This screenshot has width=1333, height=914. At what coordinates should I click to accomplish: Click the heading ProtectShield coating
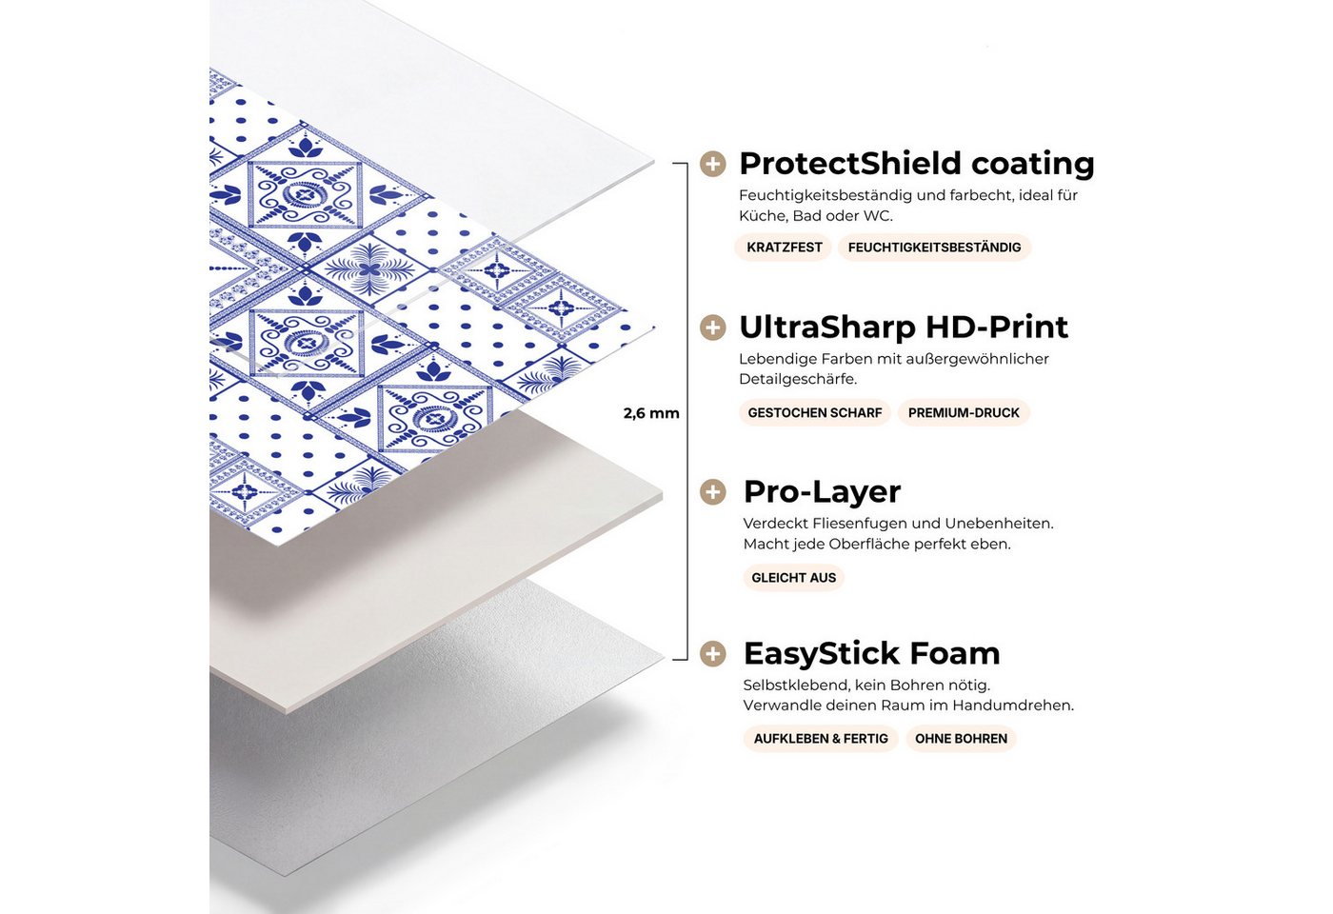coord(916,164)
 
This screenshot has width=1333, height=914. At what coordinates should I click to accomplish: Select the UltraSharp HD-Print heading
coord(904,327)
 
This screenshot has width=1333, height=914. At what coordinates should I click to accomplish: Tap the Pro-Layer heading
coord(822,492)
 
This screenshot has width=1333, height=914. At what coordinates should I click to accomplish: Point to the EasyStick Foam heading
coord(871,653)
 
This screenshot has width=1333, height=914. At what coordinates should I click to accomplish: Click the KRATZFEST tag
coord(785,248)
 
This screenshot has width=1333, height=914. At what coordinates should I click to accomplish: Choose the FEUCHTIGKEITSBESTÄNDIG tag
coord(934,248)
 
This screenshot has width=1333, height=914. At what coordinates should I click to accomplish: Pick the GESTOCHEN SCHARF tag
coord(815,412)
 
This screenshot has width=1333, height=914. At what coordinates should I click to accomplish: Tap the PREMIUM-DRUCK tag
coord(964,412)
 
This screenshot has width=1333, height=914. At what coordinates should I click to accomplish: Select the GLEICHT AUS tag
coord(793,577)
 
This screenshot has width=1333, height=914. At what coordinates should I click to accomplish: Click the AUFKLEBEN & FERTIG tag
coord(821,739)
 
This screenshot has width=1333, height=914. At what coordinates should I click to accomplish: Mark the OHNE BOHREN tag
coord(961,739)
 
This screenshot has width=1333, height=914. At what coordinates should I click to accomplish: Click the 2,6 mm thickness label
coord(651,413)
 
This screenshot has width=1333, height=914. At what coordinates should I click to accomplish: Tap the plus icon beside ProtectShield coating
coord(712,164)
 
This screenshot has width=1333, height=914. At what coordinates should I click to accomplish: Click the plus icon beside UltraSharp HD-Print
coord(712,328)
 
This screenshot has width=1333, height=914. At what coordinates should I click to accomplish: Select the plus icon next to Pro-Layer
coord(712,492)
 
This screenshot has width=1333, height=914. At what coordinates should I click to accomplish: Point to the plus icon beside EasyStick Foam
coord(712,653)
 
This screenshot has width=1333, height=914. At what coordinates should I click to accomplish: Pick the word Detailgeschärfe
coord(798,379)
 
